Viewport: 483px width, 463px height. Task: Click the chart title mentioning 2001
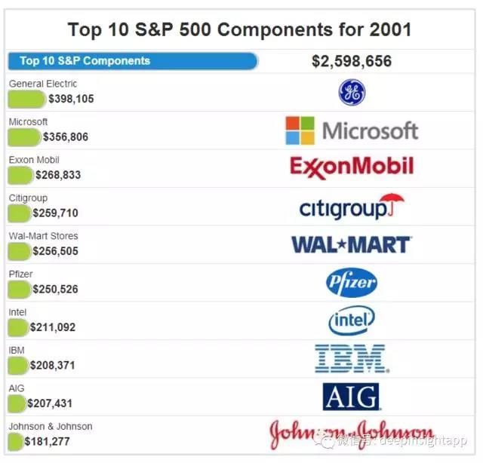240,29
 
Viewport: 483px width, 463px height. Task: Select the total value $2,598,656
351,62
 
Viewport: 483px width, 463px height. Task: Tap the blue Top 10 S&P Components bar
132,61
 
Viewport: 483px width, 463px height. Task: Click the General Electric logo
351,92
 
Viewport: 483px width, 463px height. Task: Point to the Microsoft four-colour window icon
300,130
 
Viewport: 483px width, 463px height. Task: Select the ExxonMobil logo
351,167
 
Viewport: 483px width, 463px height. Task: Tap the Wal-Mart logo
351,244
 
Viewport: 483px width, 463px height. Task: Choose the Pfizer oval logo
351,283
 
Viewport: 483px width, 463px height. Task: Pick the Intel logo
351,320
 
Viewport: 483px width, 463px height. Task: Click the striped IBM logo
351,359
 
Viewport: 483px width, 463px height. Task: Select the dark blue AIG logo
351,397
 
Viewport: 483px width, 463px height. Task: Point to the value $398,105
71,99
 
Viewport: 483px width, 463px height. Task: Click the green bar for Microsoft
23,136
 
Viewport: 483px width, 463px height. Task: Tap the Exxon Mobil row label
34,160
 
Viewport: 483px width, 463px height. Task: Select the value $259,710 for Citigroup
55,213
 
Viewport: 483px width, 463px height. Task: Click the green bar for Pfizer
19,289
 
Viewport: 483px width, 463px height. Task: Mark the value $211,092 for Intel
53,327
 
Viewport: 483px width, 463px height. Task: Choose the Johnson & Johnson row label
51,426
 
